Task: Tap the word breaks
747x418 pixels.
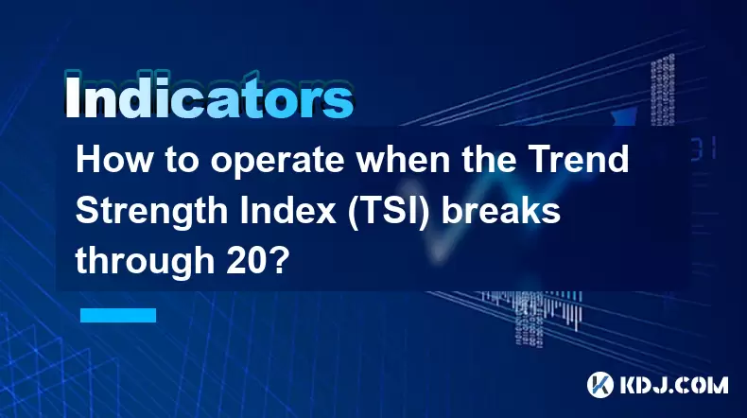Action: pos(501,210)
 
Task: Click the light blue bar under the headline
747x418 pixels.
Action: pos(118,315)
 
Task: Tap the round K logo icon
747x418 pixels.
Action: pos(600,385)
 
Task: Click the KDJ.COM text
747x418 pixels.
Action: pos(674,385)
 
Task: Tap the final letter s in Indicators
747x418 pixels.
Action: pos(339,102)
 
